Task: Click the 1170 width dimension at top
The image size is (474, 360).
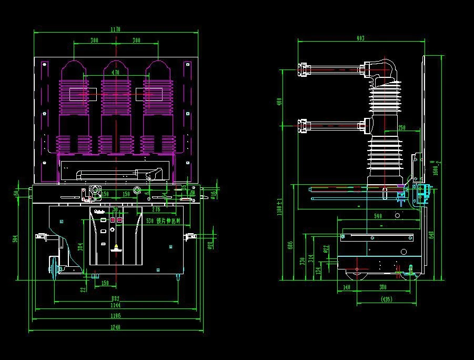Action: pyautogui.click(x=116, y=29)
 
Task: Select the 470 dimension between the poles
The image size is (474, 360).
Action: pyautogui.click(x=116, y=72)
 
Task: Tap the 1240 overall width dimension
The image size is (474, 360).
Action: pyautogui.click(x=116, y=327)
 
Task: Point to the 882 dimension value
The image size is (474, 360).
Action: pyautogui.click(x=115, y=299)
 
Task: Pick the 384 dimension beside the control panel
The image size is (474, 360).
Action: pyautogui.click(x=80, y=246)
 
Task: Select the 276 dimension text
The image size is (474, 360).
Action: pyautogui.click(x=156, y=195)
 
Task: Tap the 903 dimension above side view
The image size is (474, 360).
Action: pyautogui.click(x=360, y=38)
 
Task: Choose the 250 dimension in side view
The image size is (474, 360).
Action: pyautogui.click(x=401, y=128)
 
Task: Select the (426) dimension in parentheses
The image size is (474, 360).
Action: pyautogui.click(x=386, y=299)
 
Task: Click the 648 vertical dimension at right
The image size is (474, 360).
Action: pyautogui.click(x=431, y=235)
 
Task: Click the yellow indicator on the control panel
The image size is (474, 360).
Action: pyautogui.click(x=116, y=246)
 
